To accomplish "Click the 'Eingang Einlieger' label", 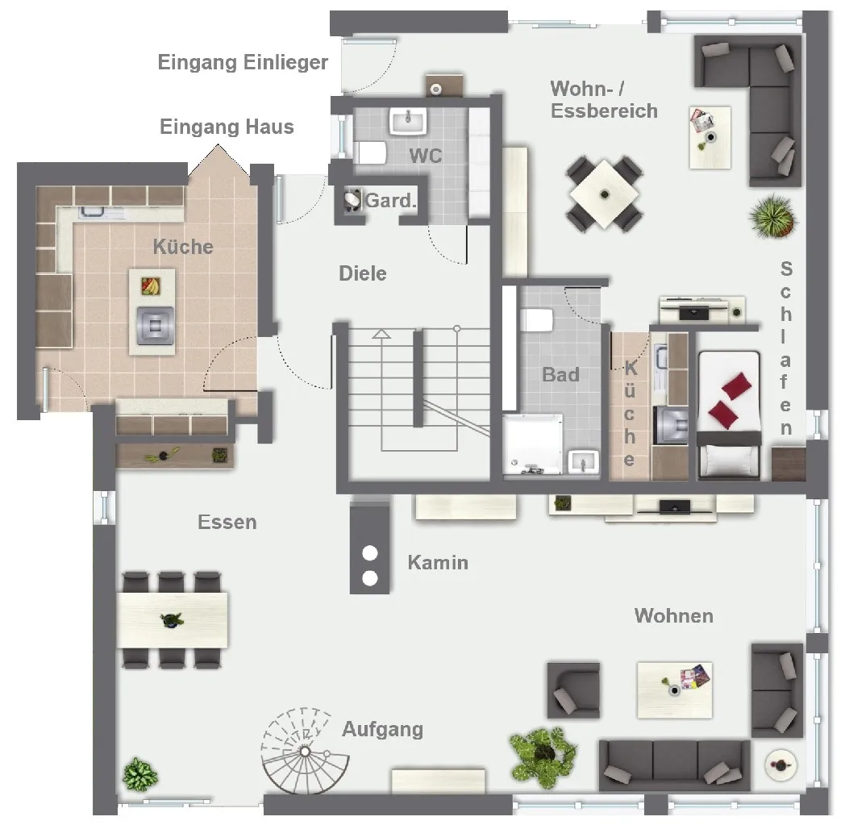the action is tap(243, 62).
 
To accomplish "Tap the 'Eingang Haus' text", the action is tap(227, 127).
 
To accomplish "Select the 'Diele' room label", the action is tap(363, 273).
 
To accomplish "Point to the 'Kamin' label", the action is tap(438, 562).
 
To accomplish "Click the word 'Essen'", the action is tap(227, 523).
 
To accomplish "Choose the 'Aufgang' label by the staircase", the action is tap(383, 729).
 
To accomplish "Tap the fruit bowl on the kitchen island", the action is tap(151, 285).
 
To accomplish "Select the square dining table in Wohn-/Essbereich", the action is tap(604, 194).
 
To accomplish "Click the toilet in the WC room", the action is tap(369, 152).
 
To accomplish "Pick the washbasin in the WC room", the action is tap(408, 120).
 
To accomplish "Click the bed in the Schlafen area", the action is tap(729, 415).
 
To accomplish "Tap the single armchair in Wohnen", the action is tap(573, 690).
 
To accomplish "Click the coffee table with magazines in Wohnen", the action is tap(675, 690).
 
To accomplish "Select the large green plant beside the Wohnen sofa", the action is tap(543, 755).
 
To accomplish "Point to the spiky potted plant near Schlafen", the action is tap(773, 216).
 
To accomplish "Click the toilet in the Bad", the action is tap(537, 319).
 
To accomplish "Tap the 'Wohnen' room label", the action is tap(674, 616).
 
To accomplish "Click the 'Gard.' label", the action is tap(391, 201).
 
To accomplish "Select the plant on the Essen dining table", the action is tap(172, 619).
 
